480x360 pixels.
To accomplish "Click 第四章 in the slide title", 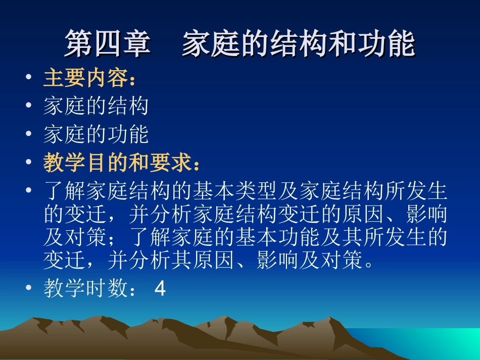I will [x=108, y=44].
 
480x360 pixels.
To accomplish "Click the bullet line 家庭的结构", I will [x=96, y=107].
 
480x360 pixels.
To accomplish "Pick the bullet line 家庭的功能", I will [x=96, y=135].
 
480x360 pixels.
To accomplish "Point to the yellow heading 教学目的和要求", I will [x=117, y=163].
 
